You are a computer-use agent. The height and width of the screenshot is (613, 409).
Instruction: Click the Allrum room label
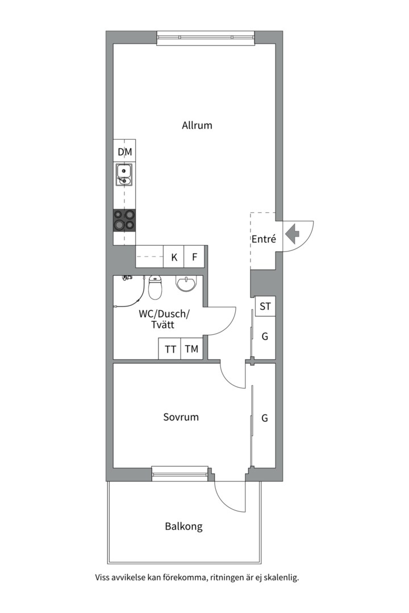point(197,125)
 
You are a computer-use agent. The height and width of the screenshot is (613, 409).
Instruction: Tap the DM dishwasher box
point(124,152)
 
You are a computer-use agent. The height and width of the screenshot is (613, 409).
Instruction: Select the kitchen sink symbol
point(124,175)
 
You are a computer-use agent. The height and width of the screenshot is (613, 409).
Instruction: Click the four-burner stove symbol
point(124,220)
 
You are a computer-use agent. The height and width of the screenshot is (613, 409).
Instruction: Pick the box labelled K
point(174,257)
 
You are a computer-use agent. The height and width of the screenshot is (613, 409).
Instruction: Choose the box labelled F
point(194,257)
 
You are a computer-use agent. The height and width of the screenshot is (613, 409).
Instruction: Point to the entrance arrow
point(292,234)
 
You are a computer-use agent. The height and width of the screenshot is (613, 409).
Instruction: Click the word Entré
point(264,239)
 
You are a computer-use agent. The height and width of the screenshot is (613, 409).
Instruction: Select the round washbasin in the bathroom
point(186,283)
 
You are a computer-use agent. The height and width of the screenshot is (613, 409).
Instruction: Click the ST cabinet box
point(265,306)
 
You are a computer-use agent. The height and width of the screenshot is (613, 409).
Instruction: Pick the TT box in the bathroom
point(169,349)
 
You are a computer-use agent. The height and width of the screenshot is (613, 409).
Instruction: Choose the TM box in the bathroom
point(191,349)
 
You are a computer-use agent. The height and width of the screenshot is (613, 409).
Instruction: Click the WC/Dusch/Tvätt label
point(164,319)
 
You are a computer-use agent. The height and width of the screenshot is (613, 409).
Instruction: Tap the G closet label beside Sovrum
point(265,418)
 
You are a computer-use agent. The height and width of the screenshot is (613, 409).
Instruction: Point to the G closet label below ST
point(265,336)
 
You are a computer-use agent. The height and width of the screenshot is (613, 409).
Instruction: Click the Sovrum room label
point(181,417)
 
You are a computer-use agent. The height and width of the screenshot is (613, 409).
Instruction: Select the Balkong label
point(183,527)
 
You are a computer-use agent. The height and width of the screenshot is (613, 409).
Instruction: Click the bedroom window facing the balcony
point(180,473)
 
